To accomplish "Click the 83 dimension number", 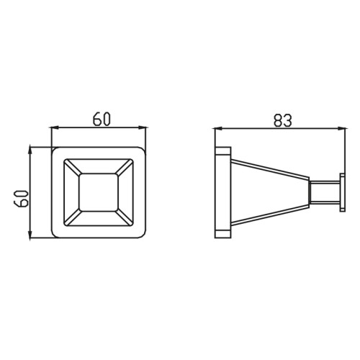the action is click(283, 120).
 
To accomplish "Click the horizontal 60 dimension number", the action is click(102, 119).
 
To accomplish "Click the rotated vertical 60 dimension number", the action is click(21, 199).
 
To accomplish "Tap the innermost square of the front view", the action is click(99, 192).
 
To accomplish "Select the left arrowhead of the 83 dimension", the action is click(218, 129).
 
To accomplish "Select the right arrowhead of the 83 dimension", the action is click(342, 129).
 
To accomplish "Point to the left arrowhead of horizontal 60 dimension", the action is click(55, 128).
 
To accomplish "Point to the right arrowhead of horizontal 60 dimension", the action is click(142, 128).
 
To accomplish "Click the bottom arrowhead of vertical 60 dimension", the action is click(30, 235).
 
